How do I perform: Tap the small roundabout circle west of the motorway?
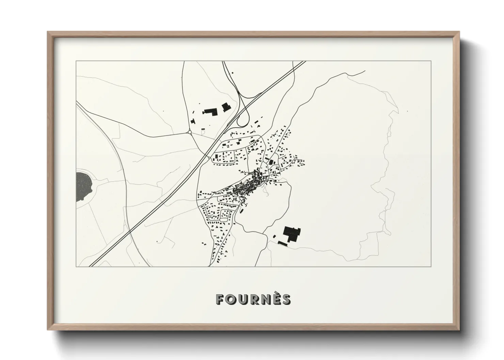189,132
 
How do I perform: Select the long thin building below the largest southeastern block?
283,243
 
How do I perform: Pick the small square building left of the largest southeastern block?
274,236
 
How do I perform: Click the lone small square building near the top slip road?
233,73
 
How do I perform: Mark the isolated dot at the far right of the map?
407,111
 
